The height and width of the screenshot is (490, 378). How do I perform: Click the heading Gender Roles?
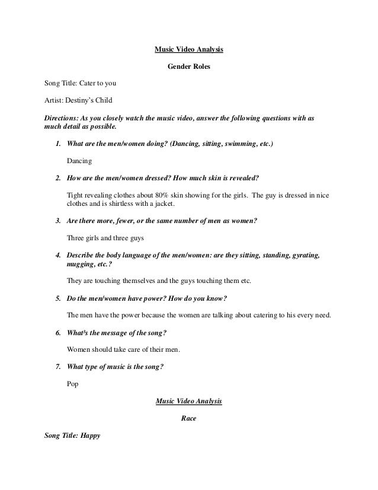pyautogui.click(x=188, y=68)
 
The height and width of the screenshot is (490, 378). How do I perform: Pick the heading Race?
pyautogui.click(x=188, y=418)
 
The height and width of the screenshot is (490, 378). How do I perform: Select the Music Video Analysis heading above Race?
pyautogui.click(x=188, y=401)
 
